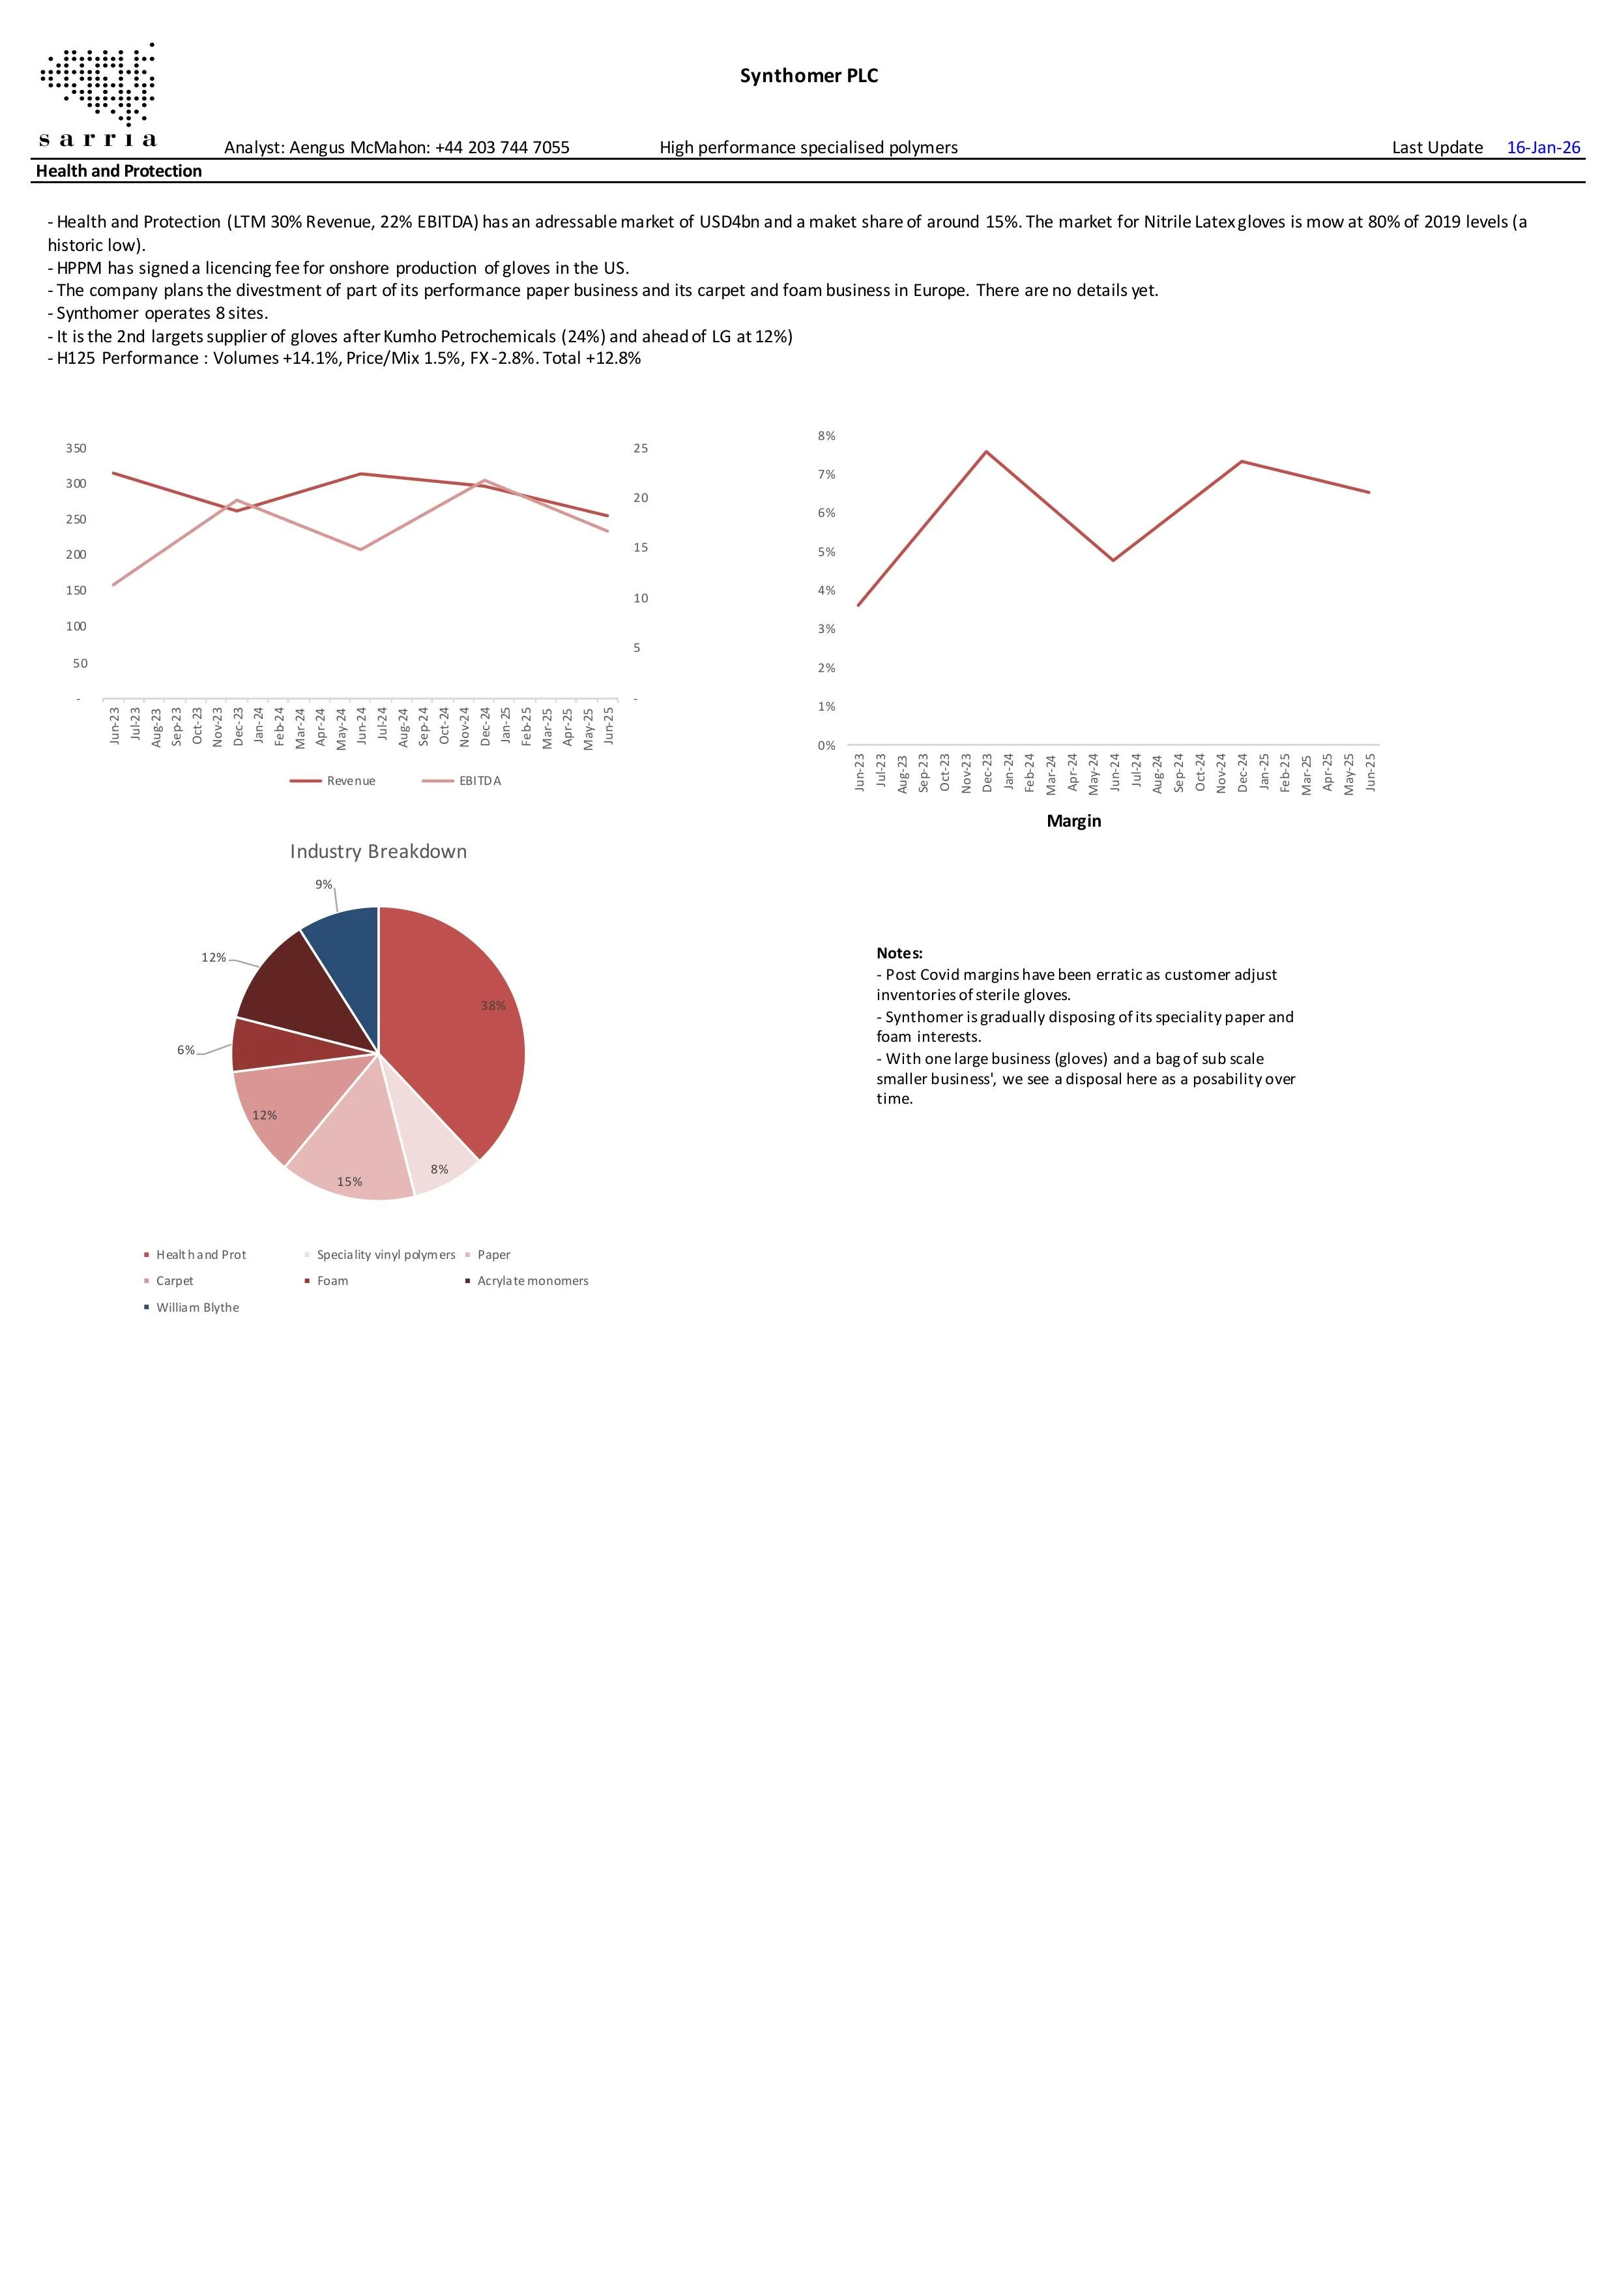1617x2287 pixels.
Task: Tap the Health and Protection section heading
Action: click(119, 171)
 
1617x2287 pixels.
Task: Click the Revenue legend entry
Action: click(349, 781)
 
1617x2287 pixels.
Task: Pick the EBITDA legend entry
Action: click(479, 781)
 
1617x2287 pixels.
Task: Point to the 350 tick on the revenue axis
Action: click(76, 449)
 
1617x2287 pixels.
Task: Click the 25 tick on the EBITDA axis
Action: click(640, 449)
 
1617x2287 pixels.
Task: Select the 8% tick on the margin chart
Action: click(826, 436)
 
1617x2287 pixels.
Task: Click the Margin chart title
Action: click(1073, 821)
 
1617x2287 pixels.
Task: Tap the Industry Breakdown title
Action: click(379, 851)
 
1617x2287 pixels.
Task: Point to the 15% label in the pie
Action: click(349, 1183)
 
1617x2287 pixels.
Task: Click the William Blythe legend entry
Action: click(197, 1308)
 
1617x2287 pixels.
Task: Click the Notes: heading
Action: click(899, 953)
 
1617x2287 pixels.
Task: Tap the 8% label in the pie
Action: click(439, 1170)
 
